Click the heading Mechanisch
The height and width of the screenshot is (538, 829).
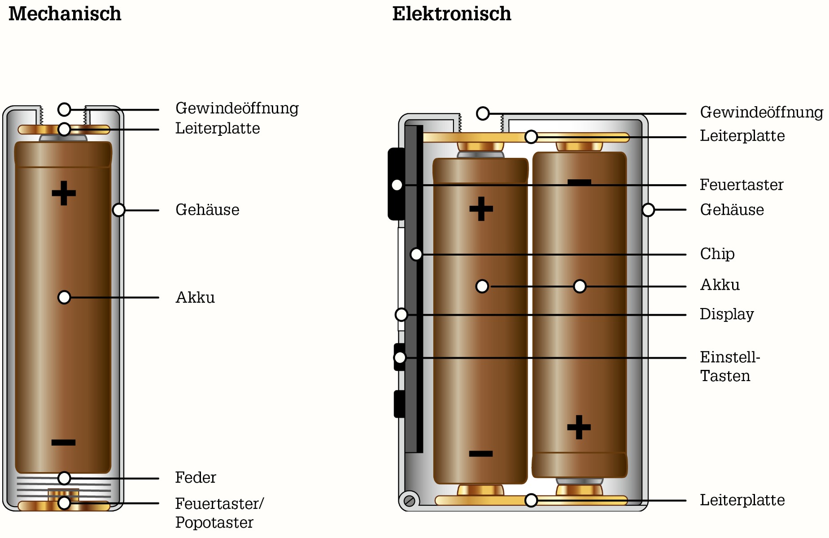pos(65,14)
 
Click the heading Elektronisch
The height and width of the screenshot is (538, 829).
pos(452,14)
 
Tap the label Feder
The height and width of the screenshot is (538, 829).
pos(196,477)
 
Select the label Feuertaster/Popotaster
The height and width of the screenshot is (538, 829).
pos(219,513)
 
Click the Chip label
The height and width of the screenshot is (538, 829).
pos(717,254)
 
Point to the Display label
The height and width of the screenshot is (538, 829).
pos(727,314)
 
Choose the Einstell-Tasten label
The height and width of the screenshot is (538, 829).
pos(730,366)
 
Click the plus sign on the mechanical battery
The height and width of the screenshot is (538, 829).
pos(64,193)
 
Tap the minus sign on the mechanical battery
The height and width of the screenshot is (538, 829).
pos(64,443)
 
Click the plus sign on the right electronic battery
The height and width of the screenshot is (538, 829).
pos(579,427)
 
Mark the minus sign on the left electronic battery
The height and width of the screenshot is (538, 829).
pos(481,454)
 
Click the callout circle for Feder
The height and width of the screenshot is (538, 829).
pos(64,478)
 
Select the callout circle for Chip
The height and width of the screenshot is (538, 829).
pos(416,254)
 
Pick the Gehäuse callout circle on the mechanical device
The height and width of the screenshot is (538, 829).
pos(118,210)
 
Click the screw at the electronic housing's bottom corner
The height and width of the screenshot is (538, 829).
pos(409,500)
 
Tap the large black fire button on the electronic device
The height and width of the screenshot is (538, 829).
pos(396,184)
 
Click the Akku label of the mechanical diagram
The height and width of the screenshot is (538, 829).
pos(195,297)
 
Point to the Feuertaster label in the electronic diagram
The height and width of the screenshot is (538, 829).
pos(742,185)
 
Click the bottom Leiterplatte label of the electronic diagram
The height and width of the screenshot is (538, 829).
pos(742,500)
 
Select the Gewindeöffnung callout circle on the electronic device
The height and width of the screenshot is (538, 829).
pos(483,113)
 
